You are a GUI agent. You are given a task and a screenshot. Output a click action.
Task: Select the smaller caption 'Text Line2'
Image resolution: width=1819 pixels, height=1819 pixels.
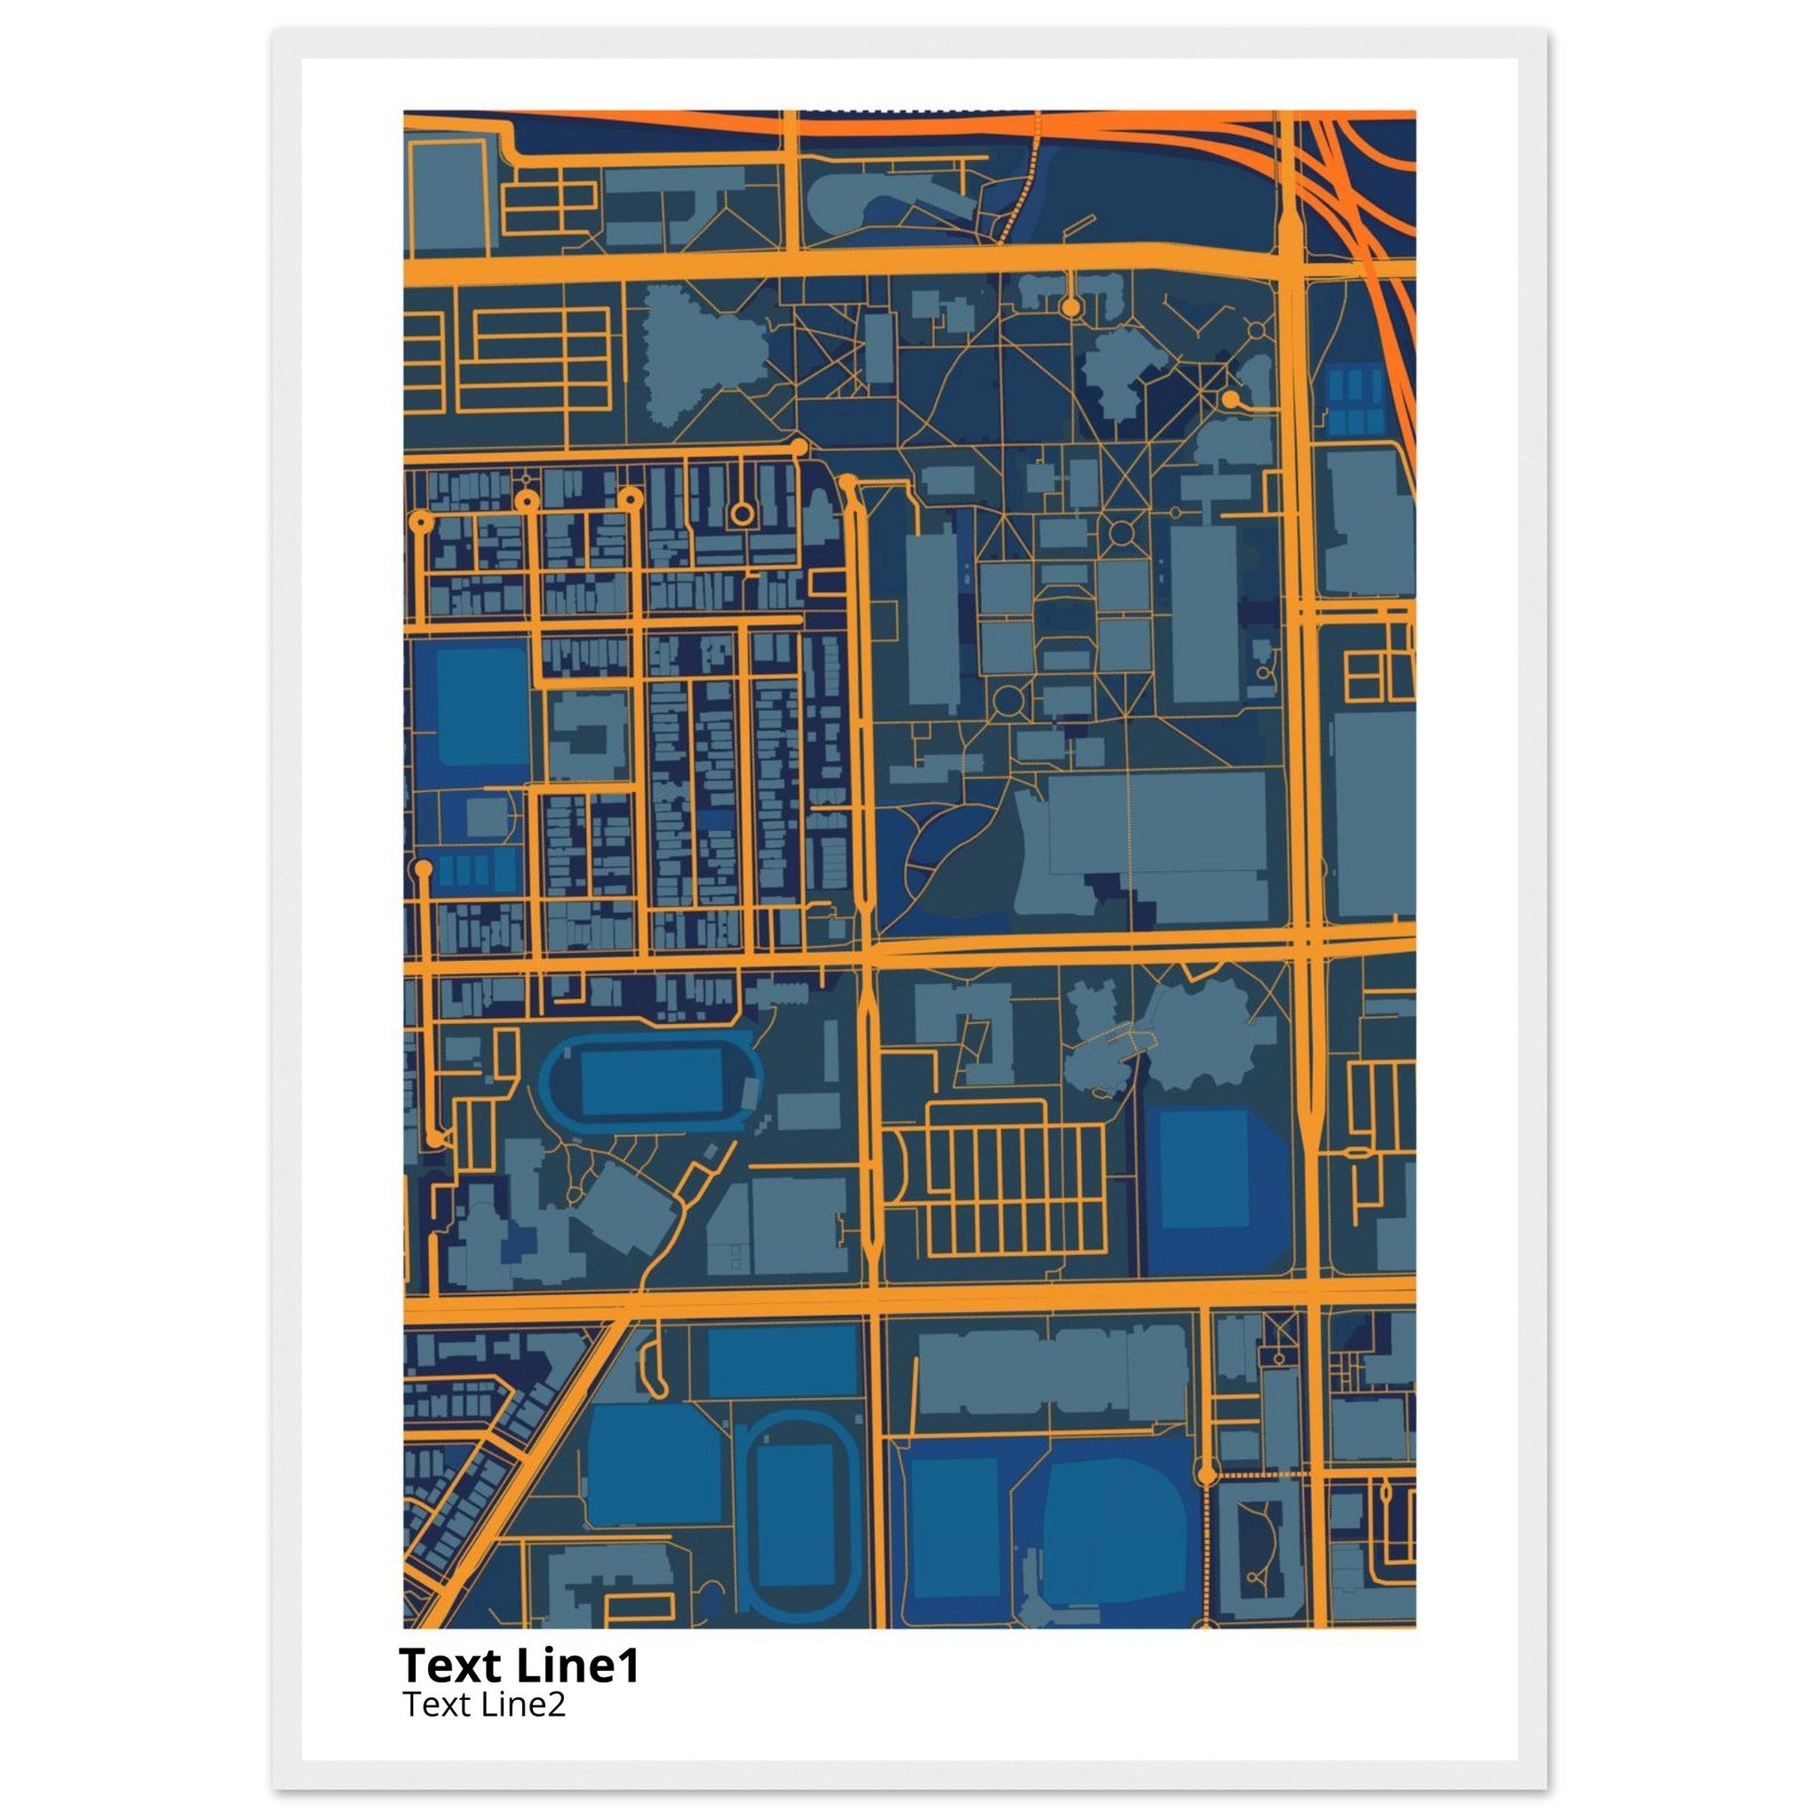(x=484, y=1704)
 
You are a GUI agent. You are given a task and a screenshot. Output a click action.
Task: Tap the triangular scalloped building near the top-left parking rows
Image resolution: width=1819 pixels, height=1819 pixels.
(x=702, y=353)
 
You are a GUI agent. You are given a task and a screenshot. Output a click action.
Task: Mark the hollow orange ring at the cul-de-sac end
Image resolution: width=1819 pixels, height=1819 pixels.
(x=743, y=514)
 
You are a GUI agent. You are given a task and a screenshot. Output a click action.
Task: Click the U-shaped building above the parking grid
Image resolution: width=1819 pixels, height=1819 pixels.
(x=970, y=1026)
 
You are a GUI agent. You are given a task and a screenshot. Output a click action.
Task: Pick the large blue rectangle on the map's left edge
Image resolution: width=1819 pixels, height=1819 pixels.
(x=481, y=706)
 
